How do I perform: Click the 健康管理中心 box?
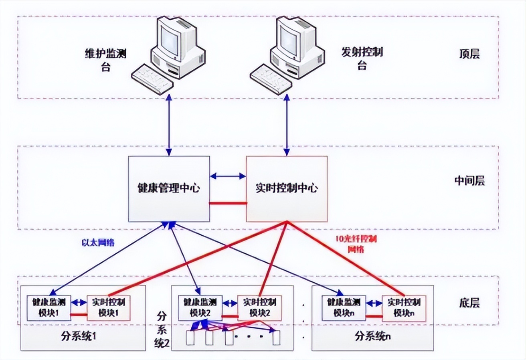click(x=169, y=188)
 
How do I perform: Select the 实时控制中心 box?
click(x=286, y=188)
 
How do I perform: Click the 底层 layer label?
click(x=469, y=303)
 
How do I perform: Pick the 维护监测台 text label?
click(x=105, y=59)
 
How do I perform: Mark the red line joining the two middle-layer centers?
click(x=228, y=203)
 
